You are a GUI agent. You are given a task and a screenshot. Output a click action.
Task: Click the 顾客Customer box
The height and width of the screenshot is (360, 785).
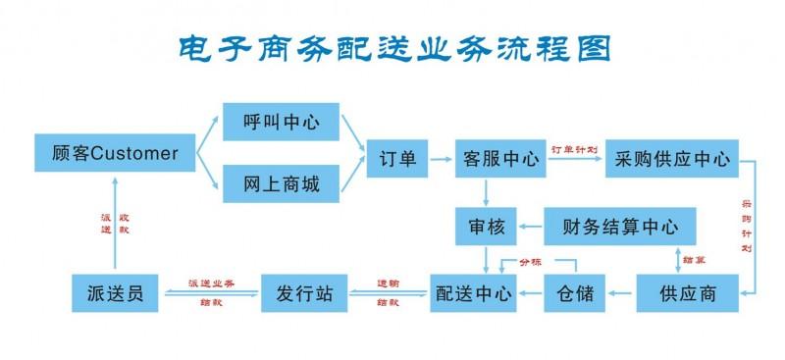tap(115, 154)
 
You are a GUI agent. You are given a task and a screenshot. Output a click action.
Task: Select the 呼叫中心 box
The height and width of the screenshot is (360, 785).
tap(281, 125)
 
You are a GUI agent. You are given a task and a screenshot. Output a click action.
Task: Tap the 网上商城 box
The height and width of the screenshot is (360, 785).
tap(281, 181)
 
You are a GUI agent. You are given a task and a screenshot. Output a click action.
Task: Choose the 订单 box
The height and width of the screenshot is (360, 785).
tap(398, 158)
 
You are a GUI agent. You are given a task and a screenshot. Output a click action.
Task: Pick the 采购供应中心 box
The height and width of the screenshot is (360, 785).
tap(672, 158)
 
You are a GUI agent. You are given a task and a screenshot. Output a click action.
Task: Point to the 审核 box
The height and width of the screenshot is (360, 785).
tap(486, 228)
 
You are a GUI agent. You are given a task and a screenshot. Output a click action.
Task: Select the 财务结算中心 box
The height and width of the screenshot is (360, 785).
tap(620, 228)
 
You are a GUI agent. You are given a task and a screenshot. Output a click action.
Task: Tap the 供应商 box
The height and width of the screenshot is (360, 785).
tap(687, 292)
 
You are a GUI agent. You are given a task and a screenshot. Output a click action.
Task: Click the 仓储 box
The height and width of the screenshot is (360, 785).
tap(574, 292)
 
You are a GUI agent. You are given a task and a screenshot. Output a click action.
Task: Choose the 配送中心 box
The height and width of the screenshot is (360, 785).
tap(474, 292)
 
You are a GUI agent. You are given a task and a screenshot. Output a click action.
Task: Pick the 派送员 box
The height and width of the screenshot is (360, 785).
tap(115, 292)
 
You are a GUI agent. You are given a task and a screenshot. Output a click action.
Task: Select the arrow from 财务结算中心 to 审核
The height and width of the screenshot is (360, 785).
tap(531, 228)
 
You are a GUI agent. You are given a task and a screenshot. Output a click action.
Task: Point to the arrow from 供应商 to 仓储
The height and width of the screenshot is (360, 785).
tap(621, 293)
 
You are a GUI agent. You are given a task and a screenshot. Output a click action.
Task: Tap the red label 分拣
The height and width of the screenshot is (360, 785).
tap(530, 262)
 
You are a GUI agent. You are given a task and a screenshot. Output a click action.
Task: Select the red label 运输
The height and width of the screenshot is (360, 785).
tap(388, 282)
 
